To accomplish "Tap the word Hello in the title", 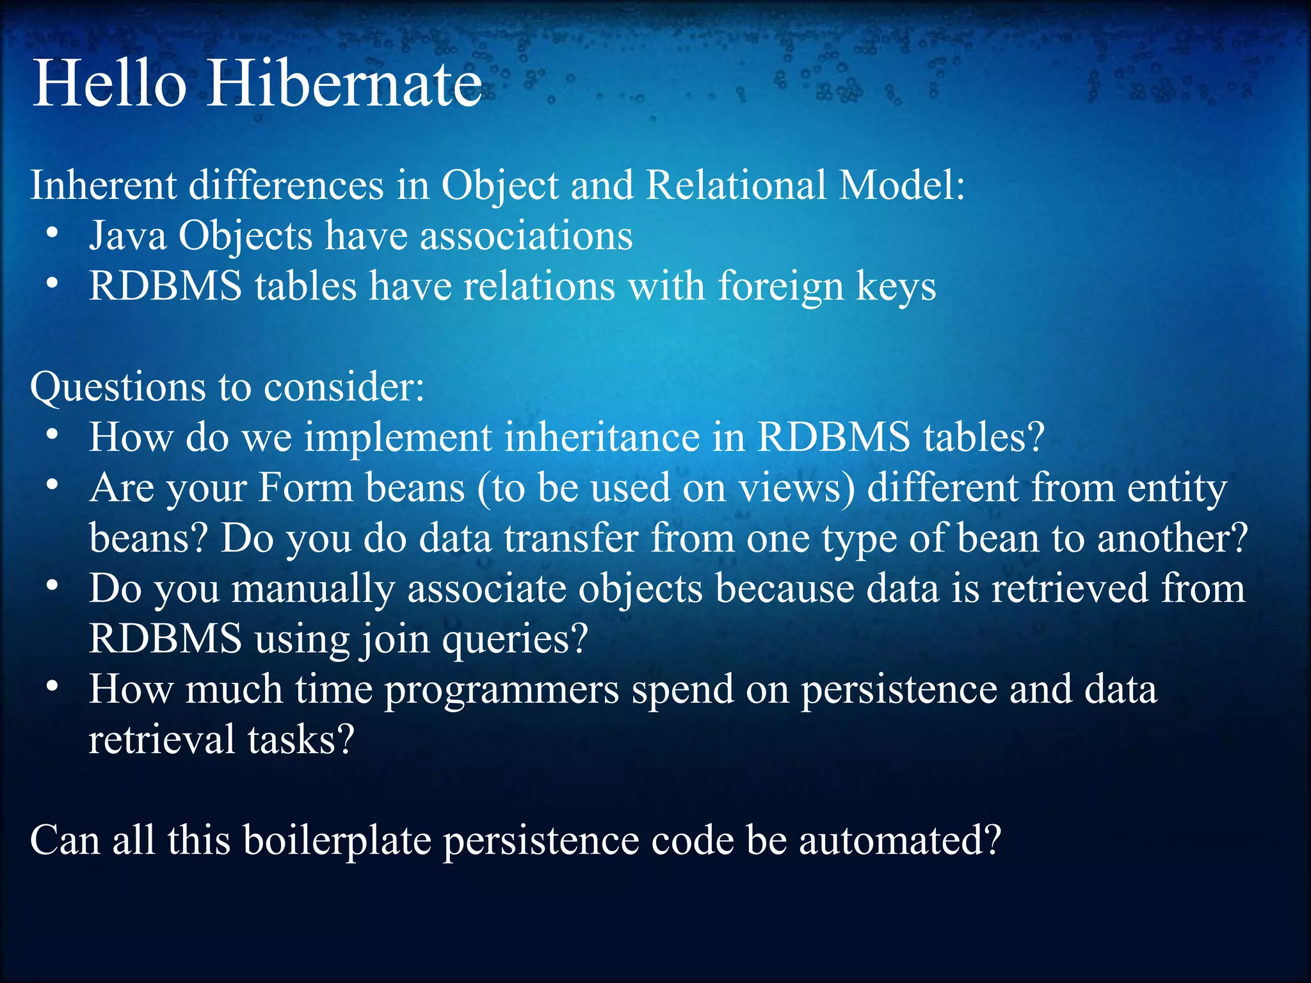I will pyautogui.click(x=109, y=83).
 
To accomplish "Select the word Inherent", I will pyautogui.click(x=103, y=186).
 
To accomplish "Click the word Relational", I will pyautogui.click(x=736, y=186).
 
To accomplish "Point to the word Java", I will pyautogui.click(x=127, y=236).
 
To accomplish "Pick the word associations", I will pyautogui.click(x=526, y=236).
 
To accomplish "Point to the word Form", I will pyautogui.click(x=305, y=488).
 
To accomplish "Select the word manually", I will pyautogui.click(x=313, y=589).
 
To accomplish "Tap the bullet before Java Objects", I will pyautogui.click(x=53, y=234).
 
